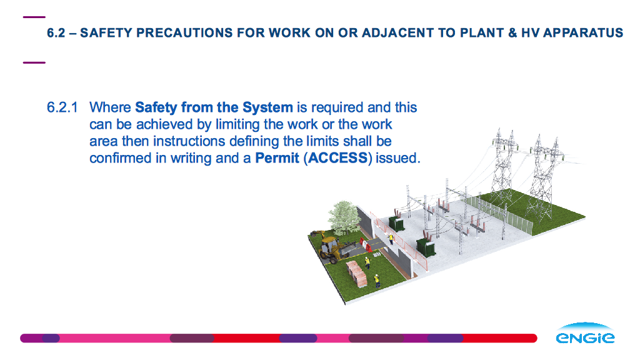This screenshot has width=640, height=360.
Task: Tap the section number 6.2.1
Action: (x=62, y=107)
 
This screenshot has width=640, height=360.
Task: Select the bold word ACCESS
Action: (x=338, y=158)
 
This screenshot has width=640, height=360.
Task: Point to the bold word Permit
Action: (x=277, y=158)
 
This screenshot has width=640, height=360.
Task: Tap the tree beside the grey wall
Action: (x=344, y=217)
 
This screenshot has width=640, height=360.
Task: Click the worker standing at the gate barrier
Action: (x=391, y=238)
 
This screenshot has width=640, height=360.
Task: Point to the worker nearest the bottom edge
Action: (x=377, y=281)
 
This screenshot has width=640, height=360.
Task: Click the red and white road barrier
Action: (x=366, y=244)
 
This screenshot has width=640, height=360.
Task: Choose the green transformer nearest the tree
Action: (x=396, y=223)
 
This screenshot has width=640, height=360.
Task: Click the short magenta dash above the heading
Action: (x=34, y=17)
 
